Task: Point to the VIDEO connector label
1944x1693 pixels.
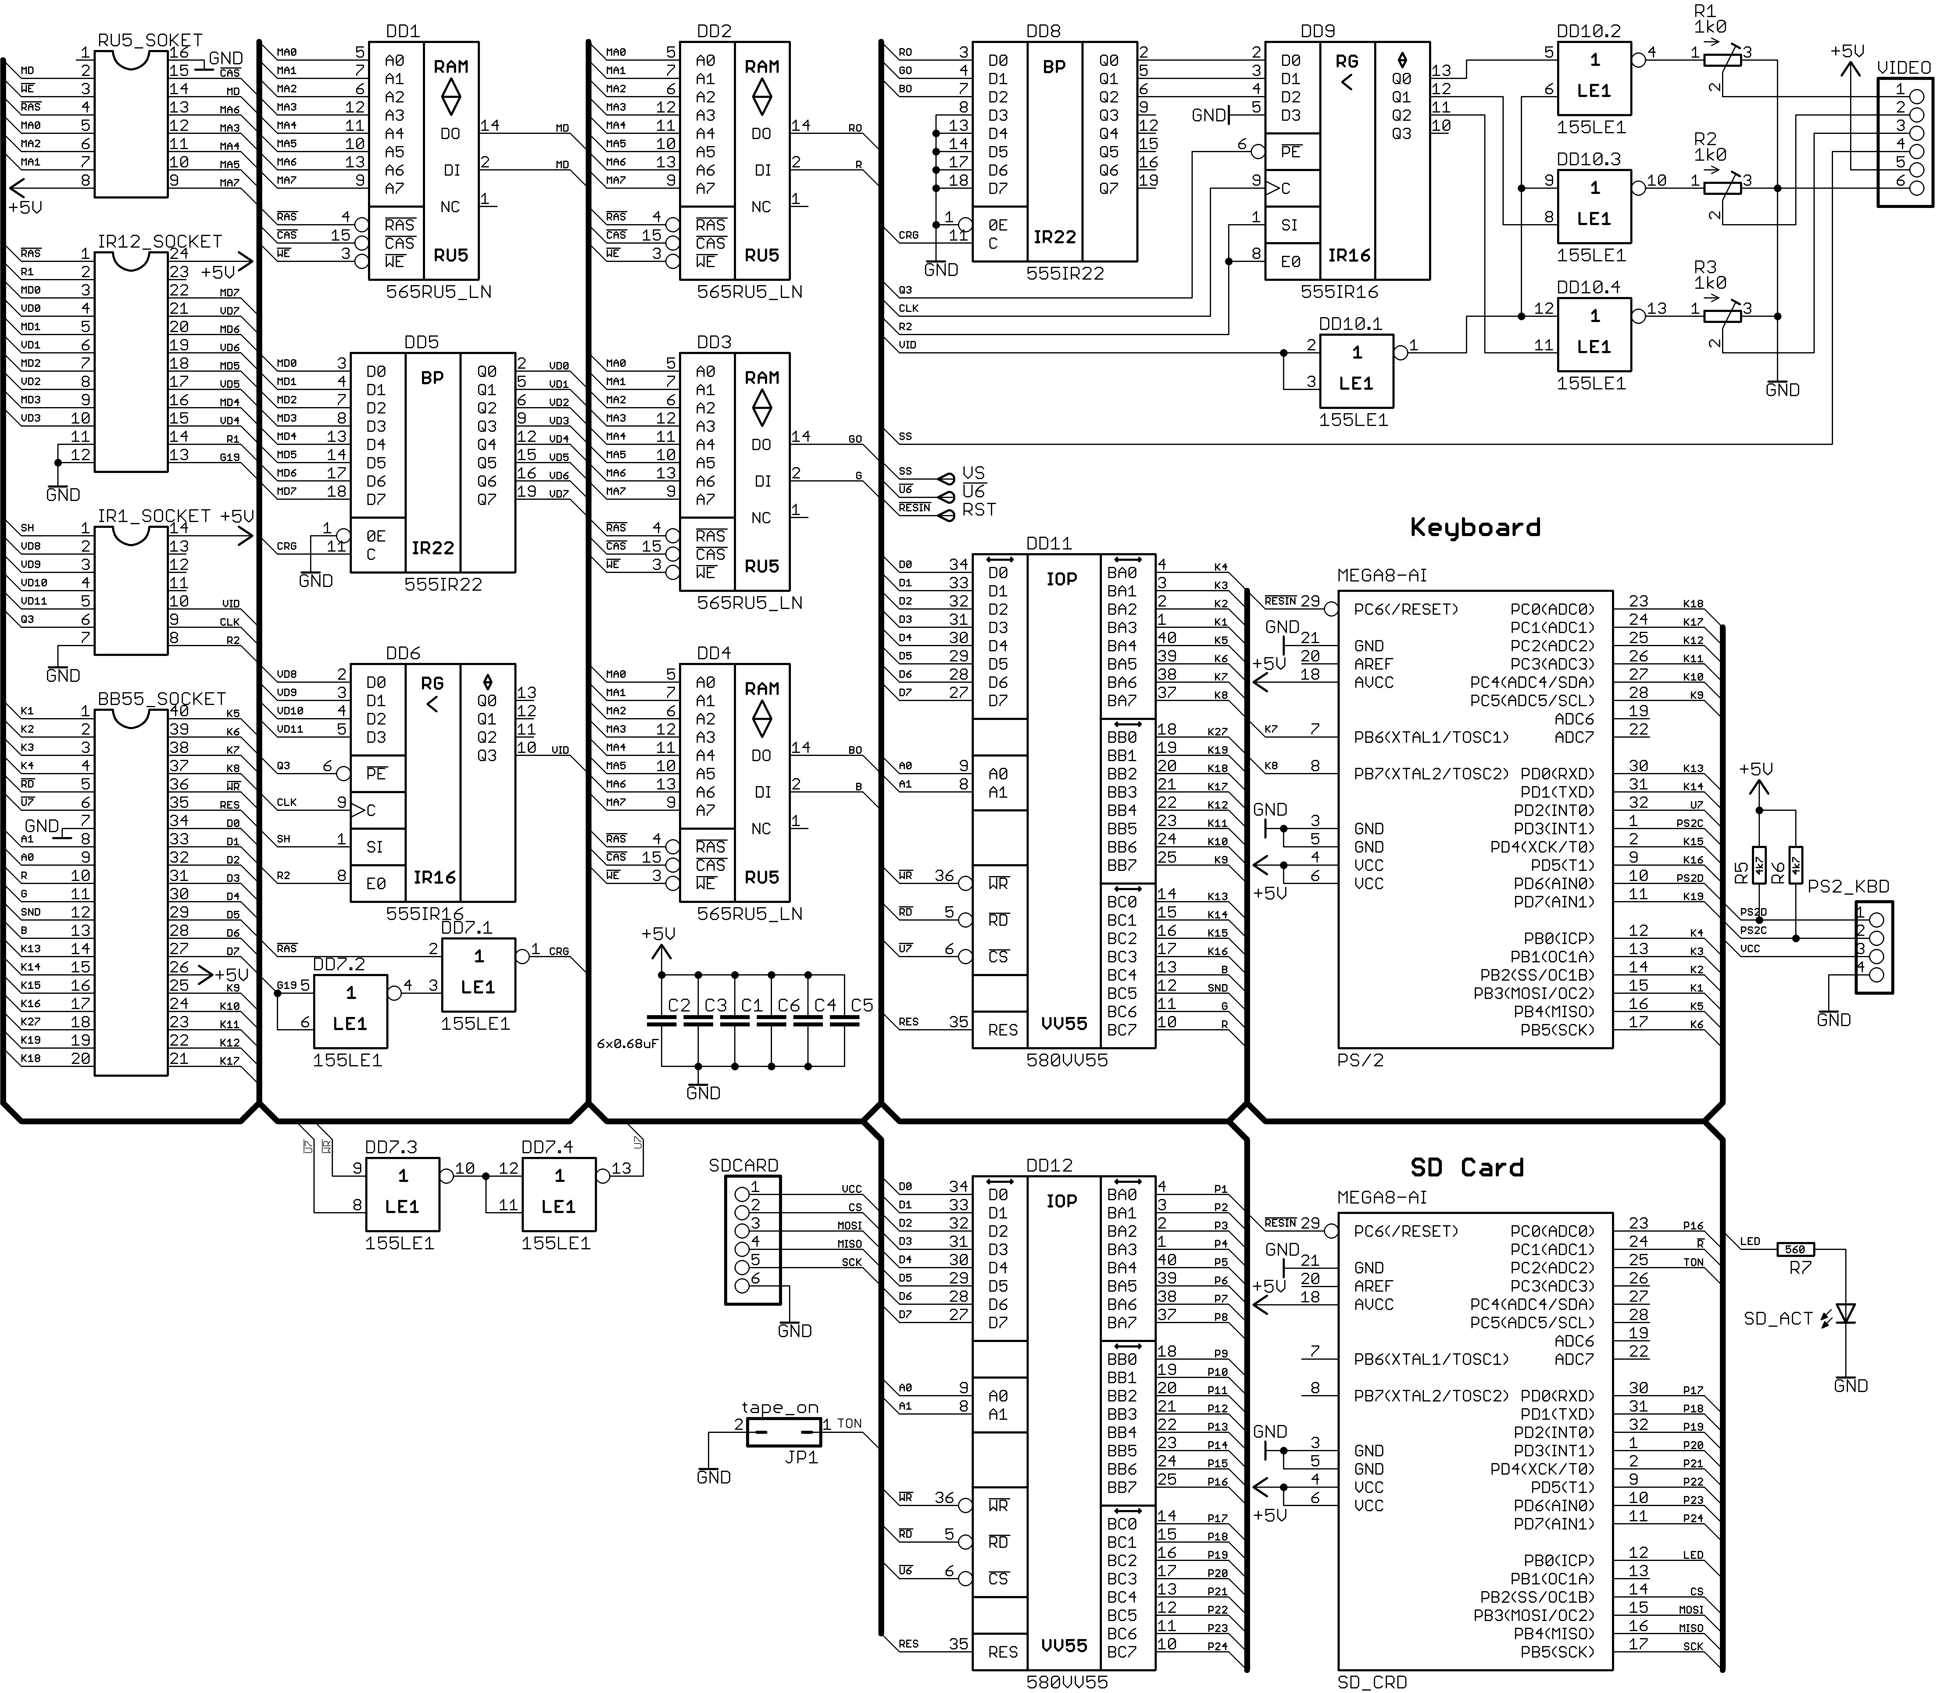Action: [1903, 68]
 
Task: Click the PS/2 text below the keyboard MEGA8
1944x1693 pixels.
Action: [1360, 1060]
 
